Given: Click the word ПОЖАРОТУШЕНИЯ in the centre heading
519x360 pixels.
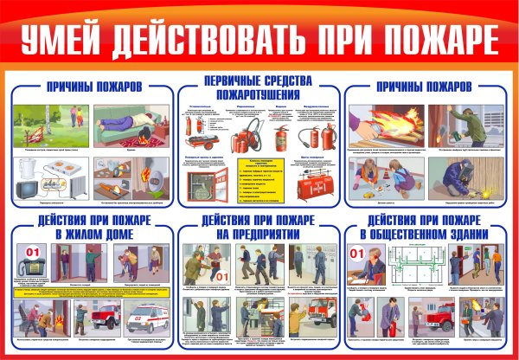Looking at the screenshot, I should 259,93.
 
